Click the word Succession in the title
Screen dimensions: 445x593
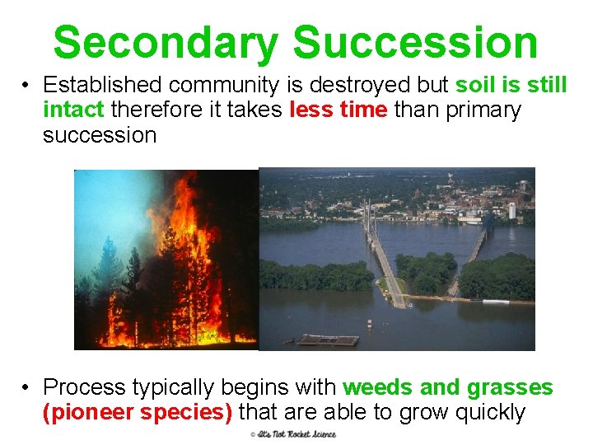415,42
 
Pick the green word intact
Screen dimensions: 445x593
73,110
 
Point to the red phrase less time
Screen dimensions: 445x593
339,110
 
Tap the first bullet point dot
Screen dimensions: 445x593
27,85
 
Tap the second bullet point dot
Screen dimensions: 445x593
27,387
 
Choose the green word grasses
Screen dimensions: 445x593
510,387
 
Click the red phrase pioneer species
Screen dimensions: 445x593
137,412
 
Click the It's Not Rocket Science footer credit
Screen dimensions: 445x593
293,434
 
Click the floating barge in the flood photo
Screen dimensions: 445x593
327,340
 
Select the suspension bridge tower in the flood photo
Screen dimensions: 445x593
367,216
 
